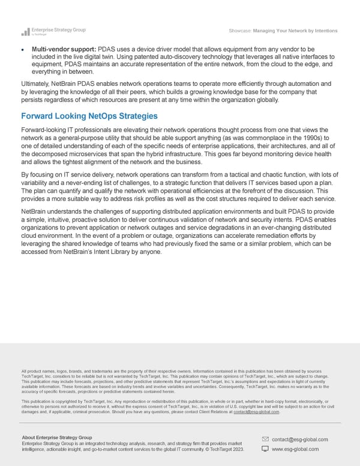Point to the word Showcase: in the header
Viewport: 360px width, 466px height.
click(240, 31)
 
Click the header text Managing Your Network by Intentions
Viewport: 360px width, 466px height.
click(295, 31)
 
